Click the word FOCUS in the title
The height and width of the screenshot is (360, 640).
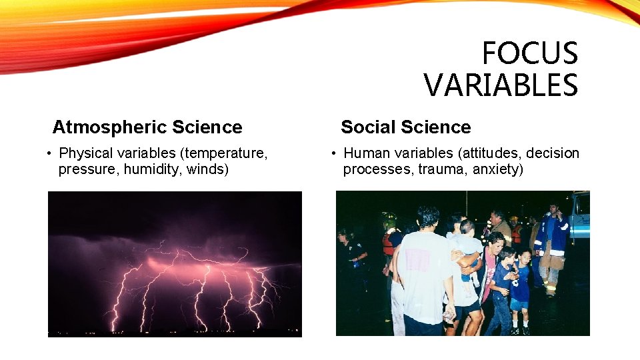click(529, 53)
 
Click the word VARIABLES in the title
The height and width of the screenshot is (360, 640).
click(501, 85)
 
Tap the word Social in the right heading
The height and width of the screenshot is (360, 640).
click(367, 127)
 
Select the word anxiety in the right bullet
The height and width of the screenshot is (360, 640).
click(497, 169)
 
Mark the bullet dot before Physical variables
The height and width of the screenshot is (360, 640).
click(50, 154)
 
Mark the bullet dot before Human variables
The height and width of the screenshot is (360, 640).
click(335, 154)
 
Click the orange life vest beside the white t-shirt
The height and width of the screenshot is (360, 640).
click(389, 244)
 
